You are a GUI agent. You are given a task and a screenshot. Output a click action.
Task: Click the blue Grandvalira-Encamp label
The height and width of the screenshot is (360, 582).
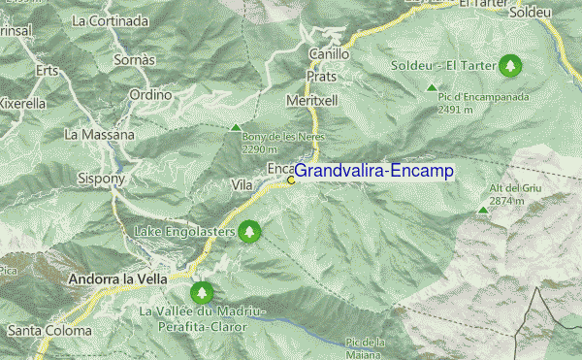(x=373, y=171)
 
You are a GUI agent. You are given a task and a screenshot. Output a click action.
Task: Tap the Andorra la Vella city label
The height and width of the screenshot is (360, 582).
(x=112, y=279)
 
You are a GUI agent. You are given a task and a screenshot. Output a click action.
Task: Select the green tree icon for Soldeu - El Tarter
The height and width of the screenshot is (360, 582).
(x=510, y=66)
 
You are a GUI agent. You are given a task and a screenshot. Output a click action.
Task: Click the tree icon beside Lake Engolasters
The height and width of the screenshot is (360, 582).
(x=250, y=232)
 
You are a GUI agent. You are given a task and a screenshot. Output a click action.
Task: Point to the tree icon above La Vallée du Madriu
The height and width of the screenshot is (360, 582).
(x=202, y=292)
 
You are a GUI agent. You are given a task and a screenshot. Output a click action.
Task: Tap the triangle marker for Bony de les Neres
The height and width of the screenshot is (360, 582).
(x=235, y=127)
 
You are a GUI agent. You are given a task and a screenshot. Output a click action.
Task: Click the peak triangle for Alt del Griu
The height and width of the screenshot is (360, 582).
(x=483, y=210)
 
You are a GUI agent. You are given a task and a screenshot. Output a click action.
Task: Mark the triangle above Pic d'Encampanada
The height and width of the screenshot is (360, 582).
(x=432, y=88)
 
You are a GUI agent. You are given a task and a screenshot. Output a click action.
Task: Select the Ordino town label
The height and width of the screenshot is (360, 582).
(x=150, y=95)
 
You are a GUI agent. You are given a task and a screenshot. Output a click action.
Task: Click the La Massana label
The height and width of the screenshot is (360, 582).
(x=99, y=134)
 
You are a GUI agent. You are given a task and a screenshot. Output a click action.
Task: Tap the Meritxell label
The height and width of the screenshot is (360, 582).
(x=312, y=100)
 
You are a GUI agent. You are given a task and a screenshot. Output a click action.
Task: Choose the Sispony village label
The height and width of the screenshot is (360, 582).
(x=102, y=179)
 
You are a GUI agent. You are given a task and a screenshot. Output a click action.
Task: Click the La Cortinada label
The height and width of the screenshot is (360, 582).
(x=104, y=19)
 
